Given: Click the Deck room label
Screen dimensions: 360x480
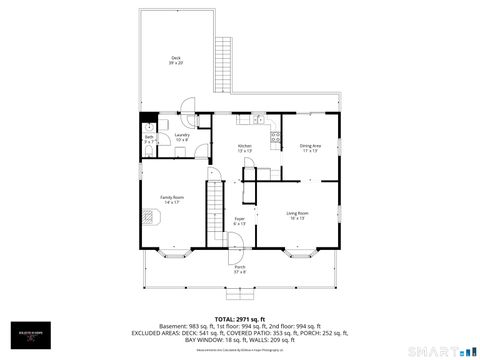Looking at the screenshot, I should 176,60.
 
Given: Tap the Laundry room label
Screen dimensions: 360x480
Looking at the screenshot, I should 182,137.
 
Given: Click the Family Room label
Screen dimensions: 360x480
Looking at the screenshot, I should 172,200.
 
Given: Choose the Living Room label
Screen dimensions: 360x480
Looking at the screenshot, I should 297,215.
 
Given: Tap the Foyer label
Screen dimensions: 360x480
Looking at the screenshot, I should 240,220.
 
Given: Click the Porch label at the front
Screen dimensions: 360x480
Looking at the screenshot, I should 240,268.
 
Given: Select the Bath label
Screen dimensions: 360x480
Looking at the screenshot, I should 149,139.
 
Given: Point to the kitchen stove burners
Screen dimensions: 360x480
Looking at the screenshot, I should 275,137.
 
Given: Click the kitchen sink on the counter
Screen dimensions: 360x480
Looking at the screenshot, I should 257,118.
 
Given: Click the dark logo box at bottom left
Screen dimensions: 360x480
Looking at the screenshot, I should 28,340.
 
